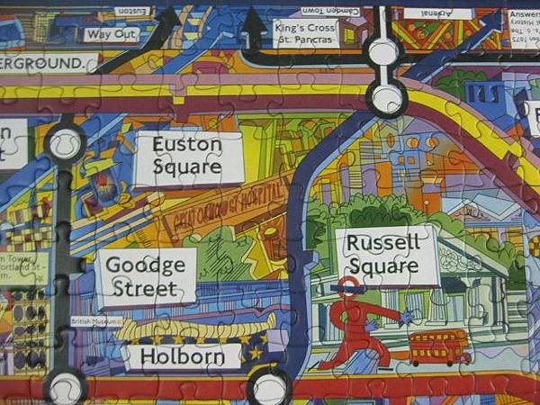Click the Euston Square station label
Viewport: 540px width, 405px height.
pos(188,157)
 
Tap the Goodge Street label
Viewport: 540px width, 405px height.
pos(147,277)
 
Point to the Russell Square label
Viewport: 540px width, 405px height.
pos(384,254)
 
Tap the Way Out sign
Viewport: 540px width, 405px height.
pos(112,35)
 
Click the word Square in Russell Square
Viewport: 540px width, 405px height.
pos(384,266)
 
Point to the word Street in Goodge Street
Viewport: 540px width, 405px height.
pos(146,289)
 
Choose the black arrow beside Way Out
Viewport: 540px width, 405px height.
pos(162,27)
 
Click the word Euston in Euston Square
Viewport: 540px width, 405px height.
pos(187,145)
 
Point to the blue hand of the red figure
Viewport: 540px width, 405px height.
pos(407,317)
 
